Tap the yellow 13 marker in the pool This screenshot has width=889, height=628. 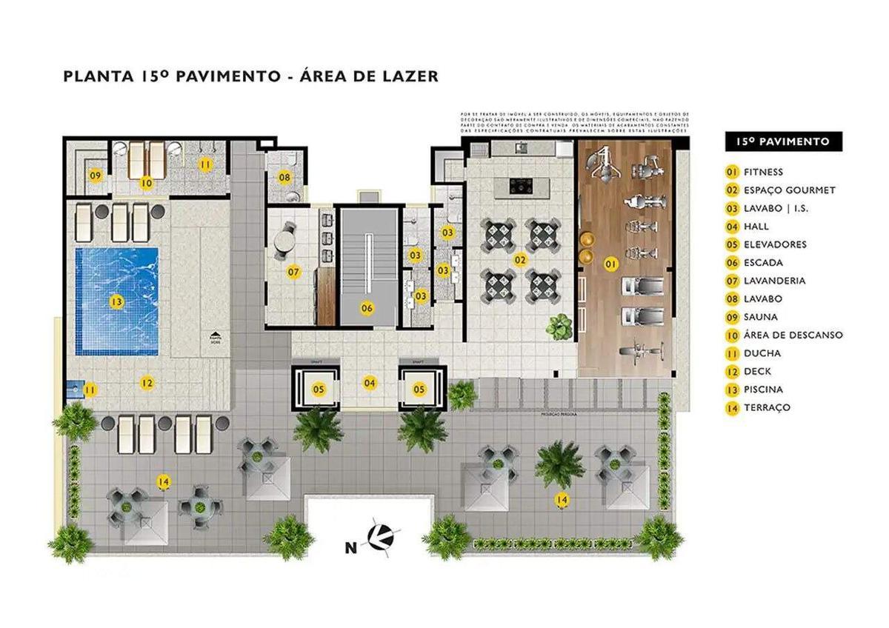point(116,302)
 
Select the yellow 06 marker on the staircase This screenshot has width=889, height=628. point(367,308)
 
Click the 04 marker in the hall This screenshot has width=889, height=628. point(369,382)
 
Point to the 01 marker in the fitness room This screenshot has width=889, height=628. point(610,263)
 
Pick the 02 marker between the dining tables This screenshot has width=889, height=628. point(520,260)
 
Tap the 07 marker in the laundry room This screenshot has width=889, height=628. point(294,272)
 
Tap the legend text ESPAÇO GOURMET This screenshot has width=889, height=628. point(789,190)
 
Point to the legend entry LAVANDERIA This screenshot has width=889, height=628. point(775,281)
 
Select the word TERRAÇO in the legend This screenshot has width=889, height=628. point(768,407)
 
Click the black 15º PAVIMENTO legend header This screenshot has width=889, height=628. point(783,141)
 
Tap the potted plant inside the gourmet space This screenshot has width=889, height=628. point(560,324)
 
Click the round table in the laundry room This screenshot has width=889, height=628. point(283,243)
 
